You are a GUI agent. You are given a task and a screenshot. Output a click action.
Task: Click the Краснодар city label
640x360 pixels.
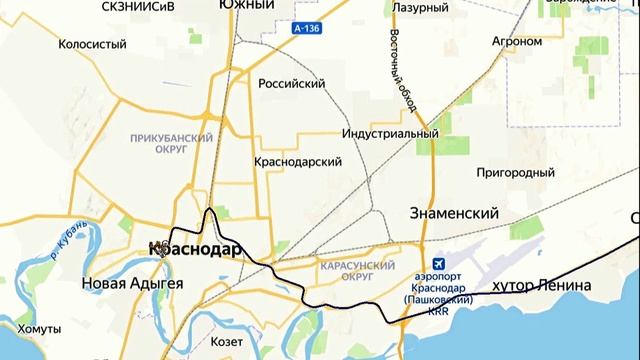(x=194, y=249)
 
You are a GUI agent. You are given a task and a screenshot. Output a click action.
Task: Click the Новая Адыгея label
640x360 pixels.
(x=132, y=284)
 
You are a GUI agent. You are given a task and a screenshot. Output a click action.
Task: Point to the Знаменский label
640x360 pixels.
(x=455, y=213)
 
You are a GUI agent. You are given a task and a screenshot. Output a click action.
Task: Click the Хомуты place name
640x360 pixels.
(x=40, y=329)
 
